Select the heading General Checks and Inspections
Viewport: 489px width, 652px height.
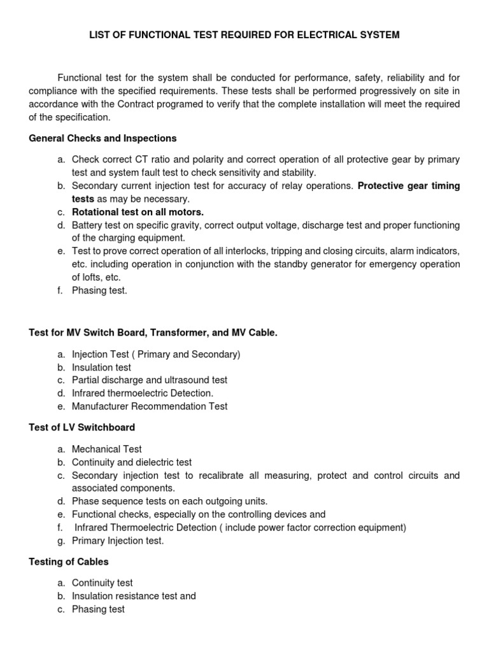[103, 138]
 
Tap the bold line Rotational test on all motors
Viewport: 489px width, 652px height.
[138, 212]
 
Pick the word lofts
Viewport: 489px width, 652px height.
[94, 277]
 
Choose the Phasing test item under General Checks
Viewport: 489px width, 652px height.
[99, 290]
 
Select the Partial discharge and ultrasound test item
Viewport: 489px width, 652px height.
[149, 380]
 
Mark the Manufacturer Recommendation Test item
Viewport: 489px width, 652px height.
[149, 406]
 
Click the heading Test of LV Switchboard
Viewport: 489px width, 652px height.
[82, 427]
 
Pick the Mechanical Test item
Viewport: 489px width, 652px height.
[106, 449]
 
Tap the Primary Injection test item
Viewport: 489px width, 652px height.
[118, 541]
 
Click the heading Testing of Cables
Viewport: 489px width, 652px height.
[69, 562]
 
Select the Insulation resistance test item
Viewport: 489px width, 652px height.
[134, 596]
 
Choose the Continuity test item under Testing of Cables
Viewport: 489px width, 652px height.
[102, 583]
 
